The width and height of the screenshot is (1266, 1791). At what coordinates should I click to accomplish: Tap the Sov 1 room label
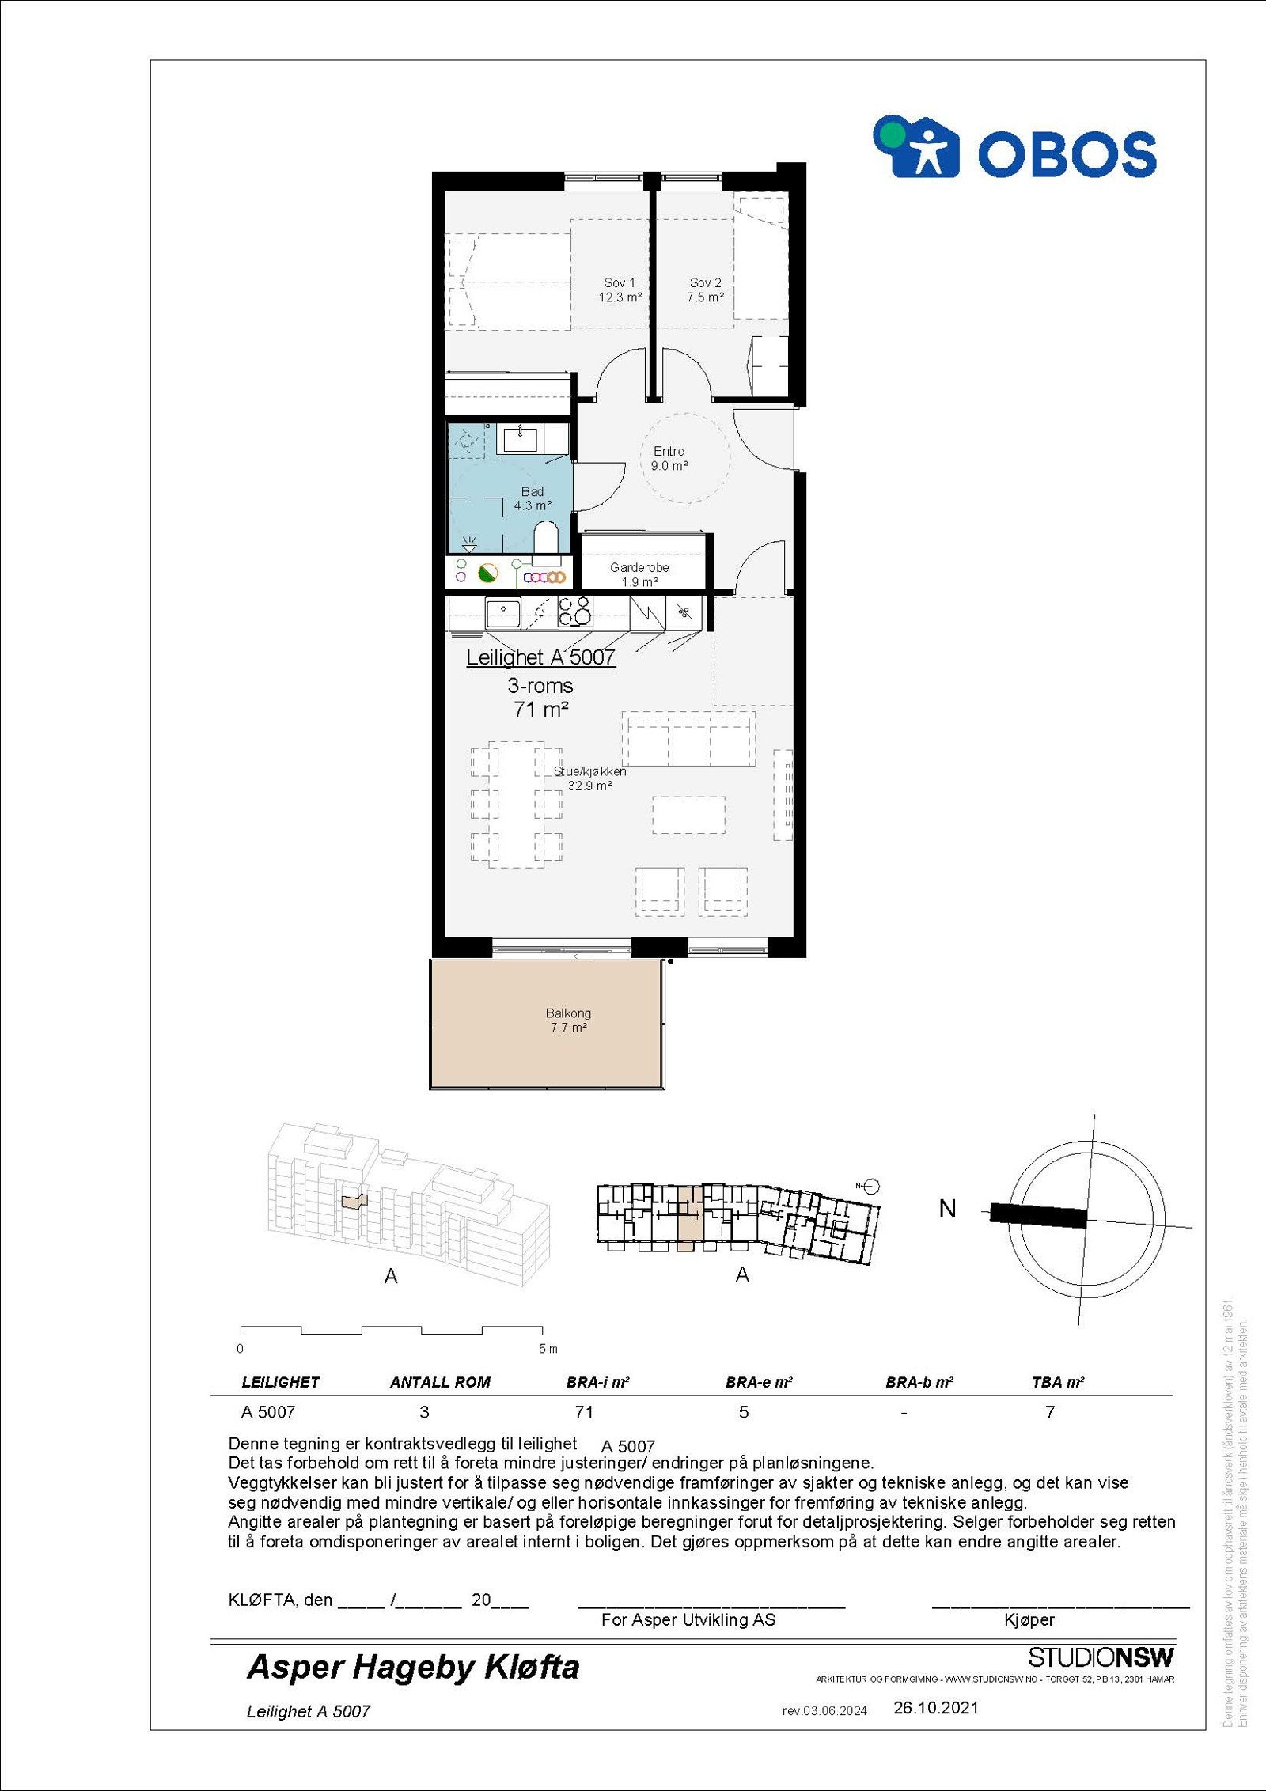click(620, 290)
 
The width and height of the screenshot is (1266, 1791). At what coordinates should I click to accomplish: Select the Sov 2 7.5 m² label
click(705, 290)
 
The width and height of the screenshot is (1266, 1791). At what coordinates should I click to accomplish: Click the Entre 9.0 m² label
click(669, 458)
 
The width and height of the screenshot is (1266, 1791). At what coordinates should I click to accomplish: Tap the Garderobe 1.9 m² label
click(639, 574)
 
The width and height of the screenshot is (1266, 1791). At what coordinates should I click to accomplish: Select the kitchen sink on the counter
click(502, 612)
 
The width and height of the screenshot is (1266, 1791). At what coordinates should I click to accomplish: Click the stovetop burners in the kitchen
click(575, 611)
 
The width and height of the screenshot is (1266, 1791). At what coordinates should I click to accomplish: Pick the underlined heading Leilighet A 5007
click(540, 657)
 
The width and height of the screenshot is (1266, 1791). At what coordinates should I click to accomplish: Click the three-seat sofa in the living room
click(688, 738)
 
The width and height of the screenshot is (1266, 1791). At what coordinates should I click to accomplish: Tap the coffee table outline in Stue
click(688, 815)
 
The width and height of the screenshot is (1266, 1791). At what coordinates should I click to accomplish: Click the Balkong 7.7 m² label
click(568, 1020)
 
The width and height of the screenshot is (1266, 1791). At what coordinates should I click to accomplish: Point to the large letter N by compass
click(947, 1210)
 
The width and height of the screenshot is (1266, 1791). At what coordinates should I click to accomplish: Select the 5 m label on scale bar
click(548, 1349)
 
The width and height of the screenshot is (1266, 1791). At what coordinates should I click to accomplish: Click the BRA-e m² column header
click(758, 1382)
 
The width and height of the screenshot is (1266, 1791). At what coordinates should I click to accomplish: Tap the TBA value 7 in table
click(1050, 1412)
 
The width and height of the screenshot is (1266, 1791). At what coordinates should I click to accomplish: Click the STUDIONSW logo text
click(1101, 1657)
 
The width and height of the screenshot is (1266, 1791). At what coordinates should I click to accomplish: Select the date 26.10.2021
click(936, 1708)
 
